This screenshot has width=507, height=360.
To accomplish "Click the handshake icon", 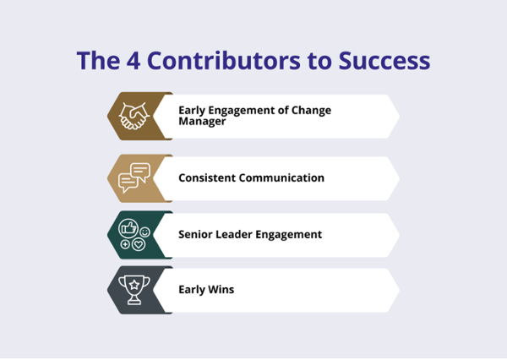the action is (x=134, y=116).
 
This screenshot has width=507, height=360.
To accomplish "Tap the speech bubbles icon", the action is (x=134, y=178).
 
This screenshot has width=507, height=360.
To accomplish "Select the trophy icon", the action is (x=134, y=290).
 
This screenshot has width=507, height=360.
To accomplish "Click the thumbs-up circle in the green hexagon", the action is (x=128, y=228).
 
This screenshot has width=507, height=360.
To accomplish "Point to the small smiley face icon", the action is (x=144, y=232).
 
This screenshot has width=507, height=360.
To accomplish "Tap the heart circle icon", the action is (x=139, y=244).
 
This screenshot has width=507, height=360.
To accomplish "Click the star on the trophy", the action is (x=134, y=285).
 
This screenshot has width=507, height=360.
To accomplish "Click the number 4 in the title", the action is (x=134, y=61).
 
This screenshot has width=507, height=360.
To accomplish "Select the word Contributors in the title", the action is (x=224, y=61).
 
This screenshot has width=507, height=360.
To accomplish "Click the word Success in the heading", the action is (x=384, y=61).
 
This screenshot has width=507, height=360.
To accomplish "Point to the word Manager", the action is (x=202, y=122).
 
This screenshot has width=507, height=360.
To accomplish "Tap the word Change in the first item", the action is (x=311, y=111).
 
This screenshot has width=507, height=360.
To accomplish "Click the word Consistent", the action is (x=207, y=178).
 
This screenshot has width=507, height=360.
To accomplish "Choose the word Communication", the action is (x=281, y=178).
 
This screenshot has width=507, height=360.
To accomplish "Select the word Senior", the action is (x=195, y=234).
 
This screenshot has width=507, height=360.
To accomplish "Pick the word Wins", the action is (x=221, y=290).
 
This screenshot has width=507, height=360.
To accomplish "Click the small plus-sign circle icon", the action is (x=125, y=244).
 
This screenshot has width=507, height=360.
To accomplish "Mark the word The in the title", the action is (x=98, y=61).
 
